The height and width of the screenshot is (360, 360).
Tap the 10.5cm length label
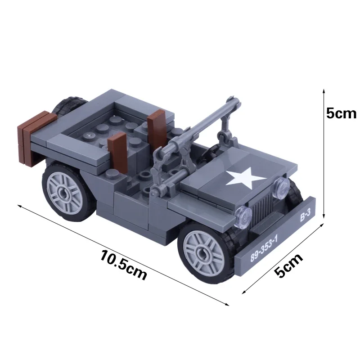point(124,266)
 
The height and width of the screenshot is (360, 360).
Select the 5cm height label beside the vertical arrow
point(341,113)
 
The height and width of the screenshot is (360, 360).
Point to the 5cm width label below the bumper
point(288,266)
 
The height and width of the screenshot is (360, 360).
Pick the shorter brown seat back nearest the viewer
point(118,148)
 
